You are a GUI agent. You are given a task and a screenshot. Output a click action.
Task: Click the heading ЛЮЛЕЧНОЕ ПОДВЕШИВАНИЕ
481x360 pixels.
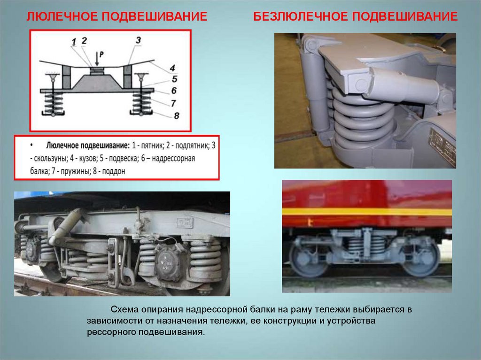[x=117, y=17]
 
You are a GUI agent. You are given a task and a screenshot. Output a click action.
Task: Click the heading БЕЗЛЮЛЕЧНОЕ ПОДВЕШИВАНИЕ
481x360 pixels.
[x=356, y=17]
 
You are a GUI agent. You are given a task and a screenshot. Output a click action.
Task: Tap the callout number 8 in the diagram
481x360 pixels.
[x=177, y=115]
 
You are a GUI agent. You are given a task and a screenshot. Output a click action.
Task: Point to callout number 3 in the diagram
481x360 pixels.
[x=138, y=40]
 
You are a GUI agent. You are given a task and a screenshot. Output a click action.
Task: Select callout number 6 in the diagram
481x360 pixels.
[x=174, y=91]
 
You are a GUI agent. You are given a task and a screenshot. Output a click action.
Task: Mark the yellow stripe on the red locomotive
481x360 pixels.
[x=367, y=212]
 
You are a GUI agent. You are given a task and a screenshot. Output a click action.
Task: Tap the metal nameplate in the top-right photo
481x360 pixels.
[x=442, y=146]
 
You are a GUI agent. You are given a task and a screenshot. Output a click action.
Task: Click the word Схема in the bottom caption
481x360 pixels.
[x=124, y=310]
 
